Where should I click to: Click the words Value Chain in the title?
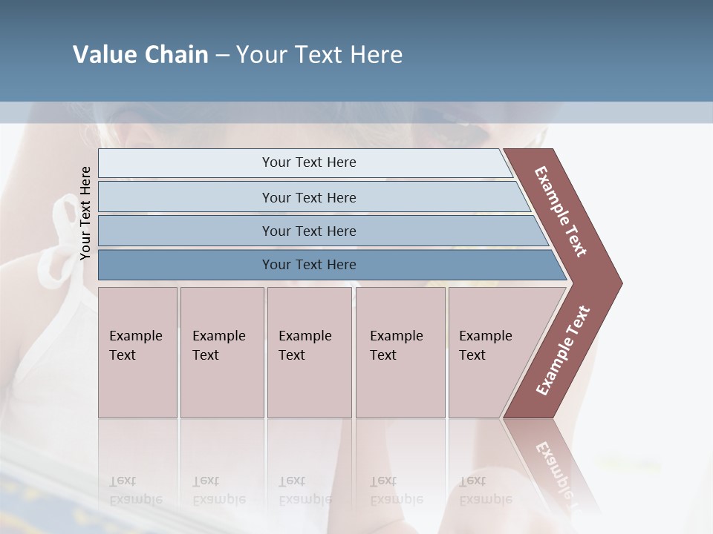tap(140, 55)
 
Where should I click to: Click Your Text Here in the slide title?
tap(319, 55)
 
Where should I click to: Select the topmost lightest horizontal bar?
tap(309, 162)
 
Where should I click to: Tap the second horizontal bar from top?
tap(309, 197)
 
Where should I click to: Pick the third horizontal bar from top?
tap(309, 231)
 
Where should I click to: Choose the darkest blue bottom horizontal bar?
tap(309, 265)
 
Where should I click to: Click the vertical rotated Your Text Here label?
tap(85, 213)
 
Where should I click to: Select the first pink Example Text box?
tap(137, 352)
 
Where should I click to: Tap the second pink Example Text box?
tap(221, 352)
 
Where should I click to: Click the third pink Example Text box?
tap(308, 352)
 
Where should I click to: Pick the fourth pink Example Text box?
tap(400, 352)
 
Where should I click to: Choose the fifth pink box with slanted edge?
tap(490, 352)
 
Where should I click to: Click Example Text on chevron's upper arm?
tap(561, 211)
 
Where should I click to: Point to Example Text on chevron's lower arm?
tap(563, 350)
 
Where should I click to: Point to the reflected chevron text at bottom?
tap(557, 467)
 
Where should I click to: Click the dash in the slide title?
tap(222, 56)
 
